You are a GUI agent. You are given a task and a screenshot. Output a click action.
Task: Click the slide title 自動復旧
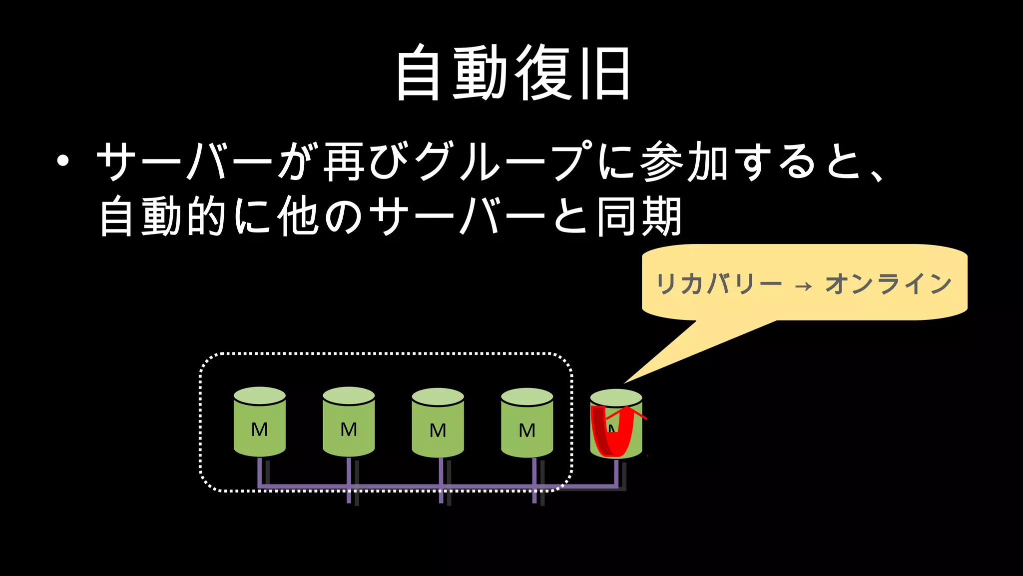[x=512, y=73]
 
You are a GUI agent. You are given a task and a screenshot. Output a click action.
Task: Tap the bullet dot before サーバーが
[x=62, y=161]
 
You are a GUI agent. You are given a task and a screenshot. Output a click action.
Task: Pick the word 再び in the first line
[x=366, y=161]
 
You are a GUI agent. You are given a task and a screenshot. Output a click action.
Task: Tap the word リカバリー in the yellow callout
[x=718, y=284]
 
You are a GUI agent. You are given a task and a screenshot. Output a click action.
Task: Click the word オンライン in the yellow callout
[x=888, y=284]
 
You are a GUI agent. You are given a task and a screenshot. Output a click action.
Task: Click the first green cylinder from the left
[x=260, y=422]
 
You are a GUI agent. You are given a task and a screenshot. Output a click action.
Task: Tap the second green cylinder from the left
[x=349, y=422]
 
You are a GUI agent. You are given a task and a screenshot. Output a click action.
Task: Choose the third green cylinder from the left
[x=438, y=423]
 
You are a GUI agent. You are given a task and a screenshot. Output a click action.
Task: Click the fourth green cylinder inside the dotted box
[x=527, y=423]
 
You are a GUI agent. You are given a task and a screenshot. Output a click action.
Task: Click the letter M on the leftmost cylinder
[x=260, y=429]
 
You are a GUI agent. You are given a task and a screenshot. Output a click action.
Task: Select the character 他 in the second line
[x=298, y=216]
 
